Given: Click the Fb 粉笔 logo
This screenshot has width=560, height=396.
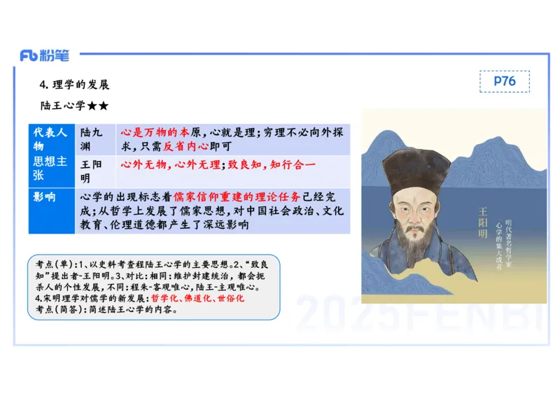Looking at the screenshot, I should (x=45, y=56).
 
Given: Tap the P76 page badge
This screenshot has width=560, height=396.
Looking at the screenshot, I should (x=504, y=81).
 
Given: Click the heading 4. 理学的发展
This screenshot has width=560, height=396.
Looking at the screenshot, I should (x=75, y=85).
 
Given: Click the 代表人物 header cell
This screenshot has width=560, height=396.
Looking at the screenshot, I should (x=50, y=139).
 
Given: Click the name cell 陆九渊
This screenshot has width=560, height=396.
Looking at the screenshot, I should (x=92, y=139).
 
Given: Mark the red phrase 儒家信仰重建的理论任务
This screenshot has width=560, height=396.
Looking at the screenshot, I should (x=237, y=197).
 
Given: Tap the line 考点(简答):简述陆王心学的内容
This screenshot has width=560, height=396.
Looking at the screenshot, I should (x=106, y=309).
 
